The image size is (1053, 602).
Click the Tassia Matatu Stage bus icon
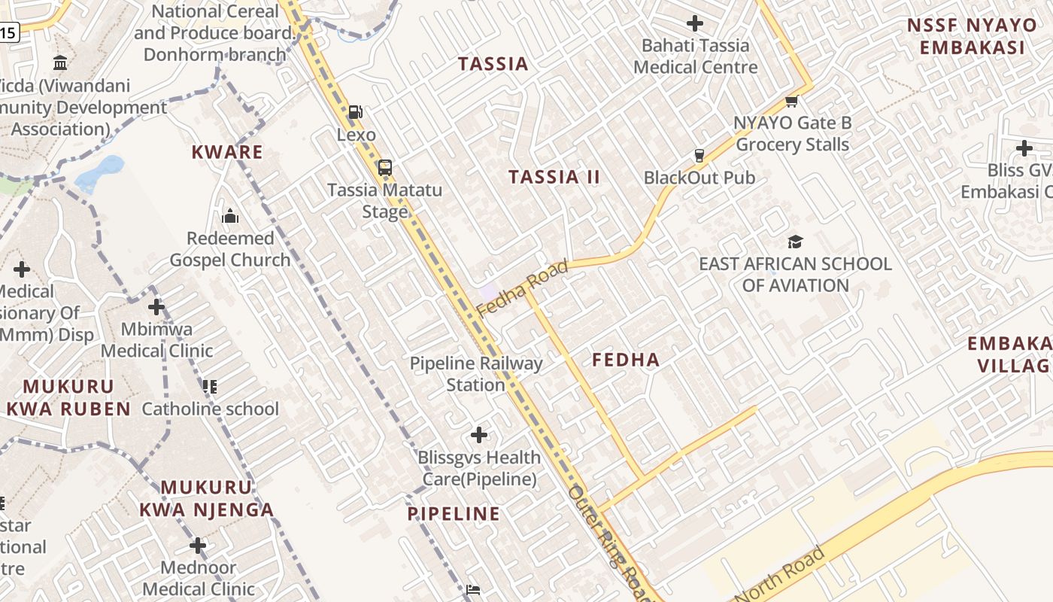click(x=385, y=167)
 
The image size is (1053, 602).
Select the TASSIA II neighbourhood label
click(x=554, y=178)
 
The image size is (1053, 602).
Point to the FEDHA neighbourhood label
click(x=626, y=360)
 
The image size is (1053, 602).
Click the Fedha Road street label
click(x=522, y=288)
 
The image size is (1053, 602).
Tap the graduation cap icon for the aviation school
click(x=795, y=242)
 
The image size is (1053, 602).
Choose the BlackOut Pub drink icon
click(x=699, y=156)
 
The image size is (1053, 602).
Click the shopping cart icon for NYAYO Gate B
click(x=791, y=101)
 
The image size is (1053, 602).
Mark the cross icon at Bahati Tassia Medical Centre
click(x=695, y=23)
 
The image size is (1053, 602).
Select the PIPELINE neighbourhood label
click(x=454, y=514)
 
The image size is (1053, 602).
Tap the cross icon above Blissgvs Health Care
click(x=479, y=434)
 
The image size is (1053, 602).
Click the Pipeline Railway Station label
click(x=476, y=374)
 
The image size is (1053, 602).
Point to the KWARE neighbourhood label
click(x=227, y=152)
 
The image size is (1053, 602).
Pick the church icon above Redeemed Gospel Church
click(x=230, y=217)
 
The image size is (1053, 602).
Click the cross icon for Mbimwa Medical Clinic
click(x=156, y=307)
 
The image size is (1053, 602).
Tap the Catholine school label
click(x=210, y=409)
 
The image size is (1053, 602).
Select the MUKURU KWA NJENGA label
click(x=207, y=498)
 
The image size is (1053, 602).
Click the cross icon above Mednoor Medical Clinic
click(x=198, y=545)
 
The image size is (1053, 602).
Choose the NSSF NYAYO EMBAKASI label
click(x=972, y=36)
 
